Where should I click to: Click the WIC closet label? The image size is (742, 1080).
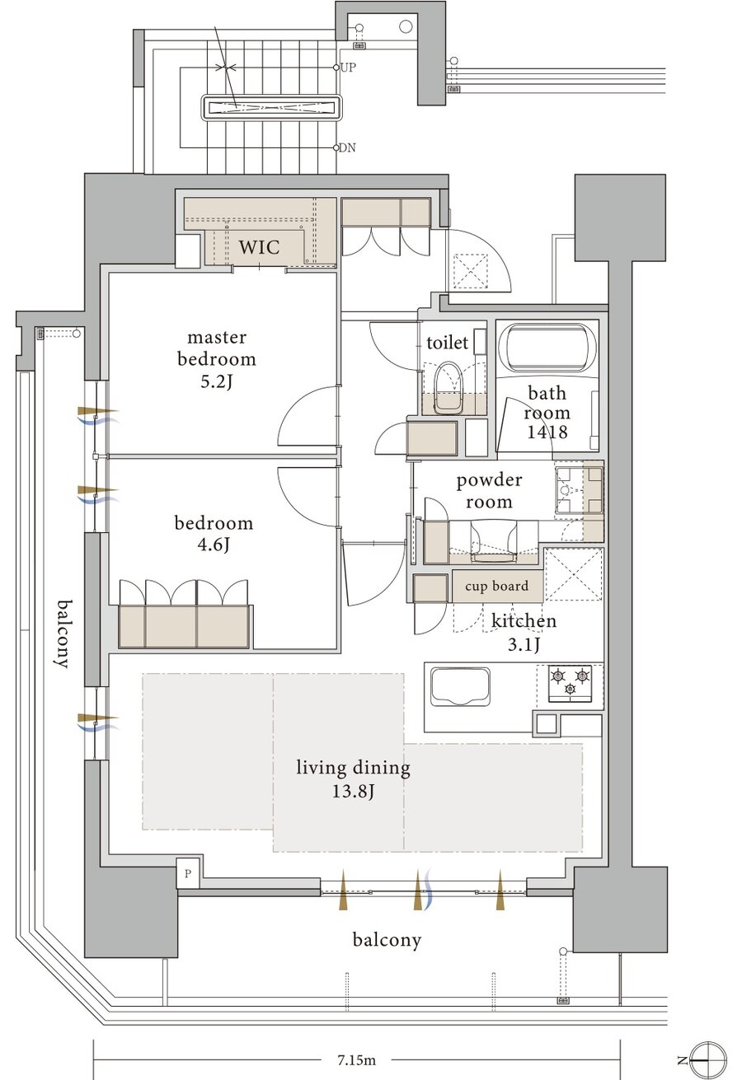click(x=259, y=247)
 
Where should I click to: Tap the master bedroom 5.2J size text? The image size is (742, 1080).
click(x=217, y=382)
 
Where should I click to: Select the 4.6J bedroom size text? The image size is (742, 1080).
click(x=214, y=545)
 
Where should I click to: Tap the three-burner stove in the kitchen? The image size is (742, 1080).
click(x=571, y=682)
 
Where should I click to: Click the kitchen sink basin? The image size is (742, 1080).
click(x=460, y=686)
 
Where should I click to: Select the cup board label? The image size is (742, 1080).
click(x=497, y=586)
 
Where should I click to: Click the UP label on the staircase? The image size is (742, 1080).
click(x=348, y=68)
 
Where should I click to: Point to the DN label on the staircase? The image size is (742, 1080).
click(x=347, y=147)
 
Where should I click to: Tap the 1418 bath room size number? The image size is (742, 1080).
click(x=547, y=432)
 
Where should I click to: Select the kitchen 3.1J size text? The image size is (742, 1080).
click(x=524, y=645)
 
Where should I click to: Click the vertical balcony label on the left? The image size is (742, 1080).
click(x=63, y=634)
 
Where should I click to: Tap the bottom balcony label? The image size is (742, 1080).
click(x=387, y=939)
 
